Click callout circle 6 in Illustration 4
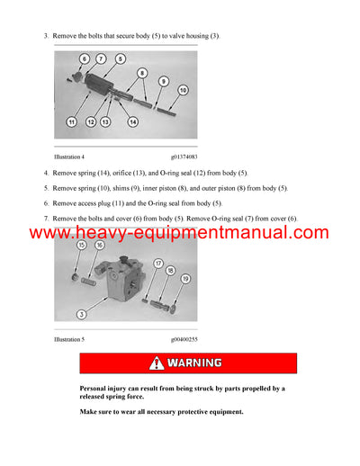coord(84,58)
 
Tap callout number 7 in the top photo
coord(101,58)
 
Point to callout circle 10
coord(182,90)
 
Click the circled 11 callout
coord(71,120)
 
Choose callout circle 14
coord(133,121)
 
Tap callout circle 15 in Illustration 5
coord(81,245)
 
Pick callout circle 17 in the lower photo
coord(157,264)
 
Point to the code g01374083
coord(184,157)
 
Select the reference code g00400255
coord(184,340)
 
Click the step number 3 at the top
coord(46,35)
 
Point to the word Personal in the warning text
coord(95,389)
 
